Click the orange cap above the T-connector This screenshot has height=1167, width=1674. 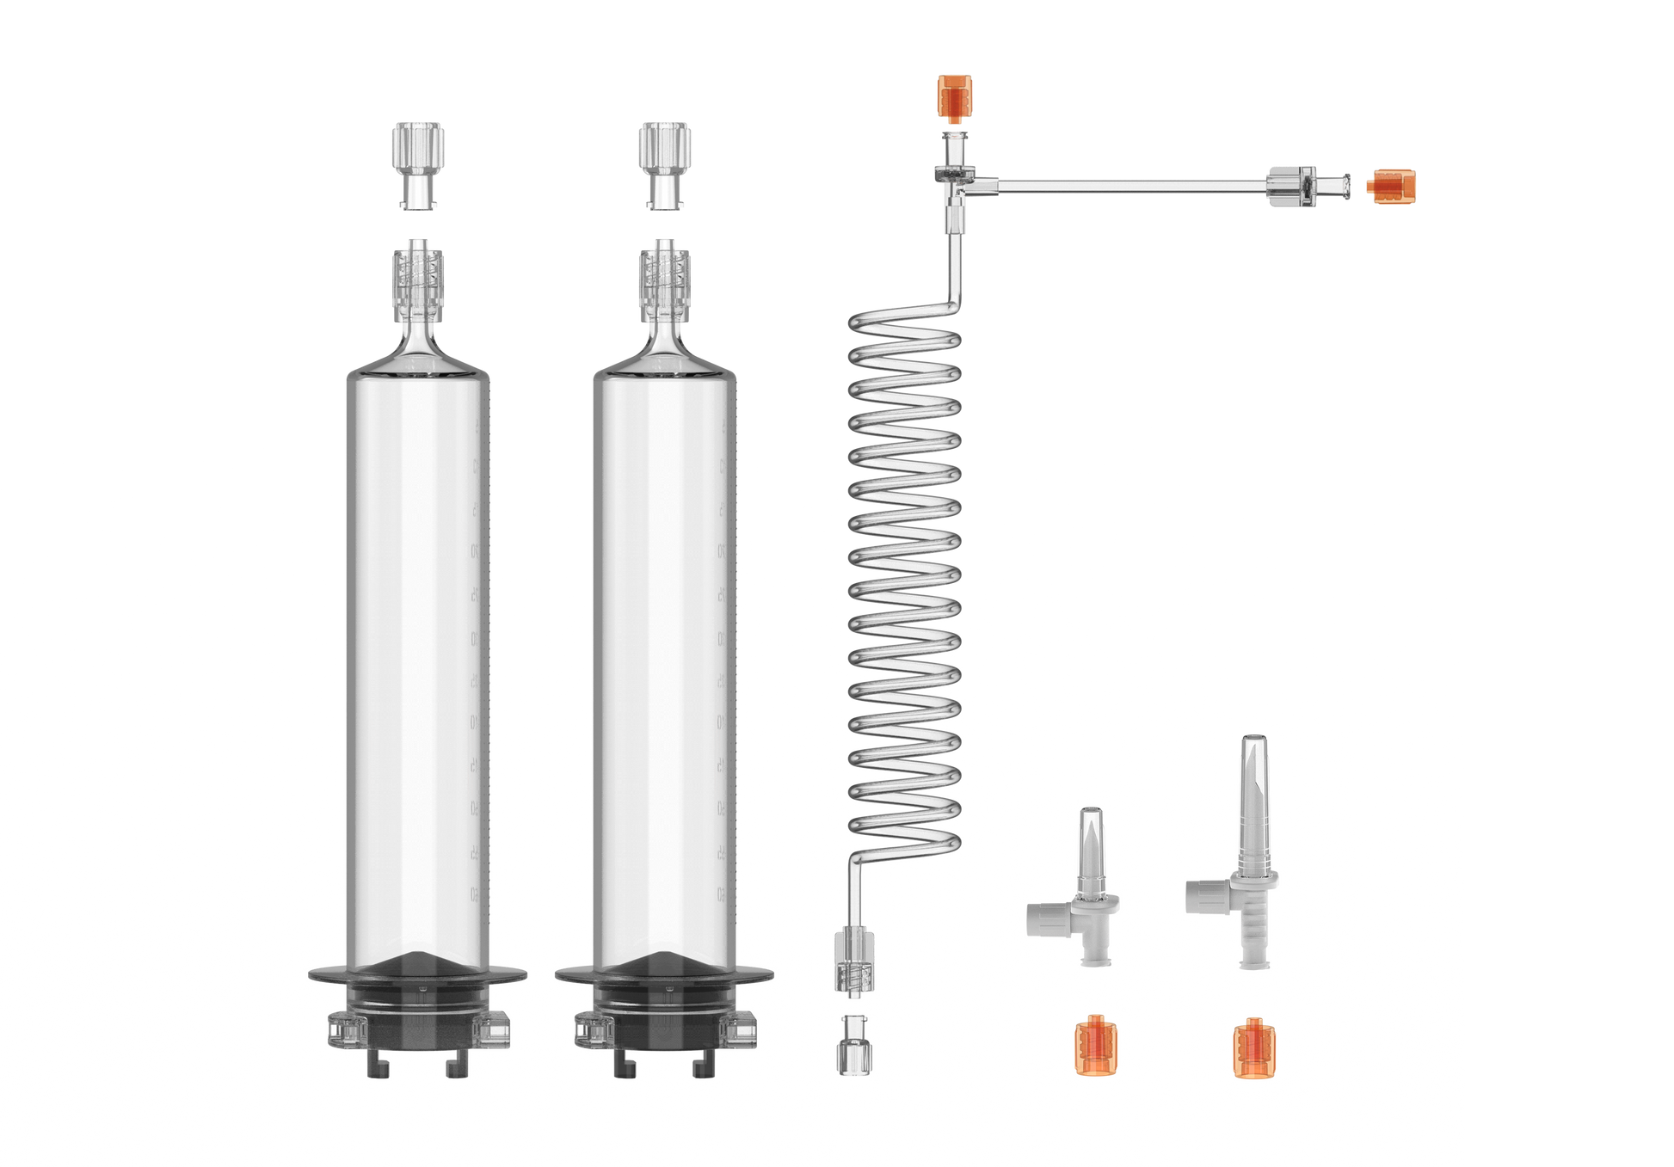click(x=954, y=98)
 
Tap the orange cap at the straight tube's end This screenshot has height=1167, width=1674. click(x=1391, y=187)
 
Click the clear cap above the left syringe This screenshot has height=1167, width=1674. click(x=418, y=164)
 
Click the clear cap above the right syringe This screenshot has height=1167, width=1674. click(x=664, y=164)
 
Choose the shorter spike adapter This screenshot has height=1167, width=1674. click(x=1091, y=886)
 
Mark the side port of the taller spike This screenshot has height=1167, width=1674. click(x=1203, y=894)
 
